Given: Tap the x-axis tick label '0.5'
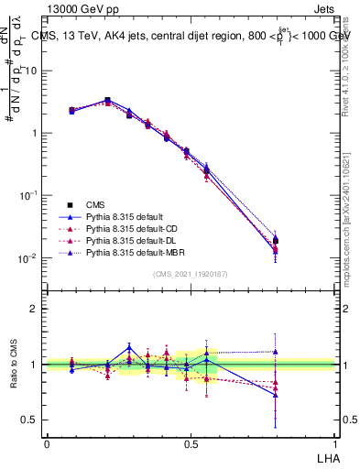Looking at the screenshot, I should tap(191, 443).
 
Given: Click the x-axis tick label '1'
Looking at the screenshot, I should tap(335, 443).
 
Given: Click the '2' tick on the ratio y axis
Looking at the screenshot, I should tap(34, 309).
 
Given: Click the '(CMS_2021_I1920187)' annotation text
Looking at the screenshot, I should tap(191, 274).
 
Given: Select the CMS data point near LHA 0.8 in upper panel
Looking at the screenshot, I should tap(276, 241).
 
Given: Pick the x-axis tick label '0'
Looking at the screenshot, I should tap(47, 443).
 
